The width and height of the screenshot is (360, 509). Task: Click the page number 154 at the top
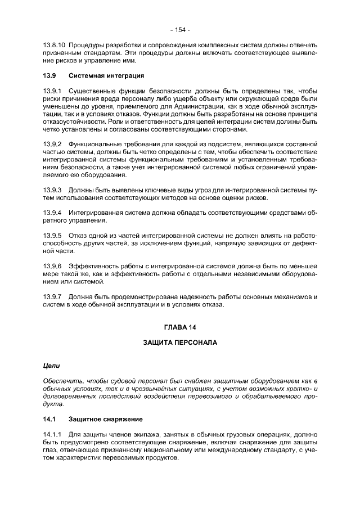180,29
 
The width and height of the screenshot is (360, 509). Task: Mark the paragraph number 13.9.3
52,190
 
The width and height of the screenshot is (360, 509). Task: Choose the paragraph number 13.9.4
52,213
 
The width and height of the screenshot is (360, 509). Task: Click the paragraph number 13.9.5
52,236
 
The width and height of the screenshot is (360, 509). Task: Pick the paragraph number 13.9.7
52,296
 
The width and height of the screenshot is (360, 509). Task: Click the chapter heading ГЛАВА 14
180,327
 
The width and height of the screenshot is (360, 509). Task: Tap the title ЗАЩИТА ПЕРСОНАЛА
180,342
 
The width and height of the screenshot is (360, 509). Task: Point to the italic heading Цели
52,366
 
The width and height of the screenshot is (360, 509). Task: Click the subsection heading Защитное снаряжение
105,419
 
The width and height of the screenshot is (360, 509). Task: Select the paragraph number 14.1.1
52,434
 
